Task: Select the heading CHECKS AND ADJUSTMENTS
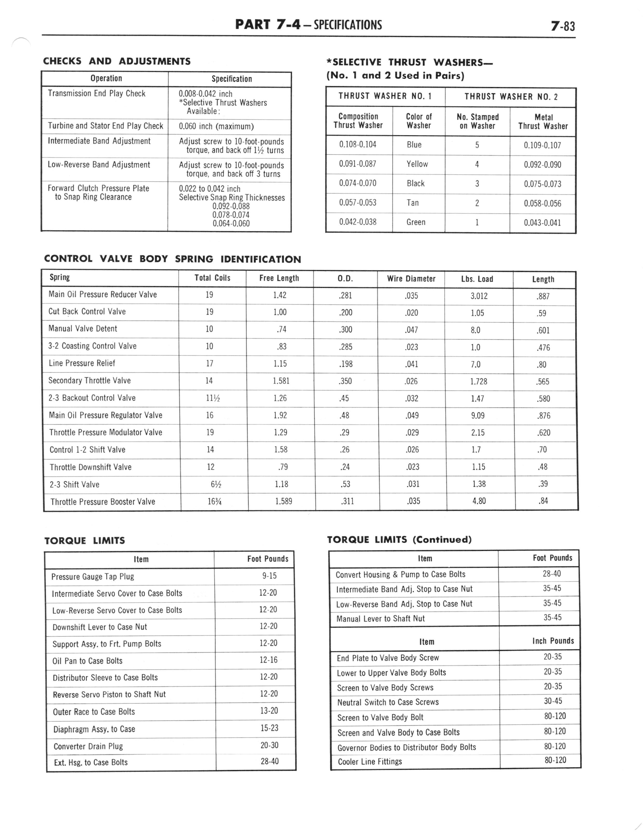pyautogui.click(x=117, y=61)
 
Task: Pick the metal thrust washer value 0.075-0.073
pyautogui.click(x=542, y=184)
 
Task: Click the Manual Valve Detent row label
pyautogui.click(x=83, y=329)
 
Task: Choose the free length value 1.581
pyautogui.click(x=281, y=381)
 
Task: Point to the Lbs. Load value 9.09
pyautogui.click(x=478, y=416)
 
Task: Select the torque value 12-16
pyautogui.click(x=268, y=660)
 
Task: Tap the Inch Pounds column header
pyautogui.click(x=553, y=641)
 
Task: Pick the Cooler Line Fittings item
pyautogui.click(x=370, y=761)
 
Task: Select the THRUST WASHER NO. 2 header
pyautogui.click(x=511, y=97)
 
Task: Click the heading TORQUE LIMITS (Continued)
pyautogui.click(x=399, y=540)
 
